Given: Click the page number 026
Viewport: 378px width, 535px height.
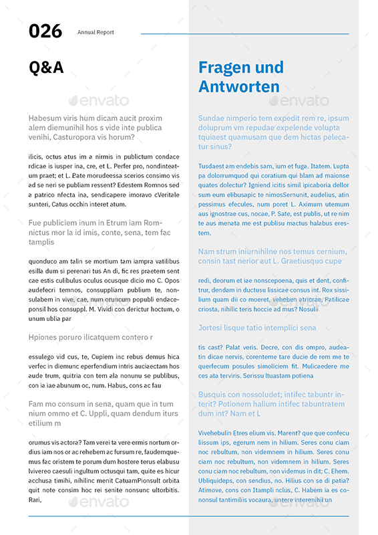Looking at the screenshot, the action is pos(45,31).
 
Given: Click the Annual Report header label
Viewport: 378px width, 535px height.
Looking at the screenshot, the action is pos(96,32).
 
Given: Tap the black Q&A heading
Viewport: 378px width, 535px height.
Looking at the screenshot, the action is pos(46,68).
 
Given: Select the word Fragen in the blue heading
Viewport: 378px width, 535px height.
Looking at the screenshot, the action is pos(227,68).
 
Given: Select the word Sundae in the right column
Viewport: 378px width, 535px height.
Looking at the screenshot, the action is pos(212,118).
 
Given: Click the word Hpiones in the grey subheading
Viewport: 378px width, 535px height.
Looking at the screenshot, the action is pos(43,337).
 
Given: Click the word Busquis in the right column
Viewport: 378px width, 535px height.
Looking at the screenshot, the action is pos(214,395).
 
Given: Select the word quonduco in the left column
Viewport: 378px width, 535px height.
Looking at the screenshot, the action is pos(45,261).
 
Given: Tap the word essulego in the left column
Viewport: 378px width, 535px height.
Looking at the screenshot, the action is pos(43,356).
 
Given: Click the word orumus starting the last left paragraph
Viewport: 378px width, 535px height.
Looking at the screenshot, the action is pos(42,443).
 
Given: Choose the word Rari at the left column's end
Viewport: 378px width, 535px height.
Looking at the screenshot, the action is pos(35,500).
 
